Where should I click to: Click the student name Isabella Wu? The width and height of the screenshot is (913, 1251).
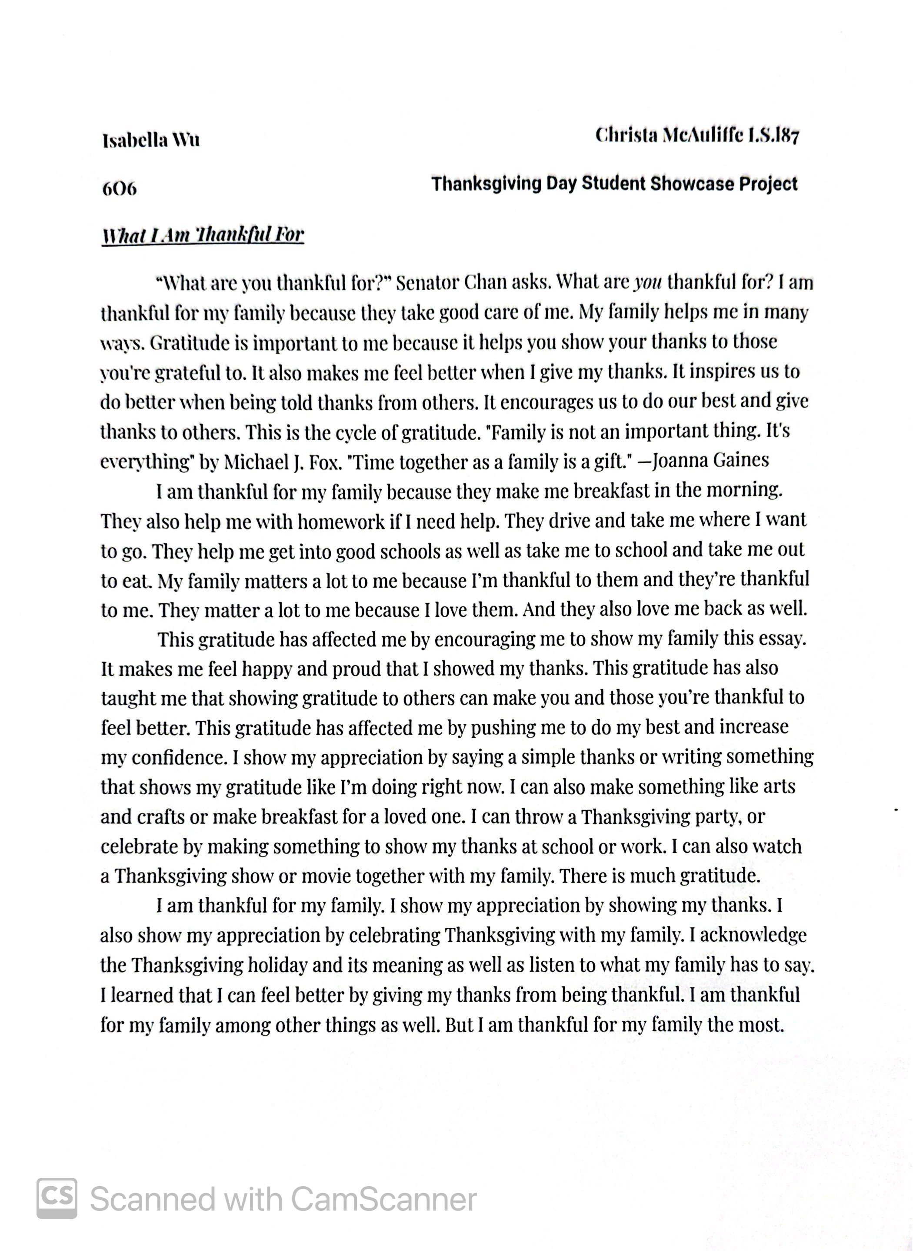(151, 140)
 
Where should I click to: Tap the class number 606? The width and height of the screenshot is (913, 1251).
(120, 189)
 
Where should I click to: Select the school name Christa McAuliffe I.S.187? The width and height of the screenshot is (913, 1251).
(697, 135)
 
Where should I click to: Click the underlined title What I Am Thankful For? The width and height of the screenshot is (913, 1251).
(203, 235)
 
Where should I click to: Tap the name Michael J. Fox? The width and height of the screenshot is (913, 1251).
(281, 462)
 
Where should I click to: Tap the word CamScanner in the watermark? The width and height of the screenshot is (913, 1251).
(383, 1200)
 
